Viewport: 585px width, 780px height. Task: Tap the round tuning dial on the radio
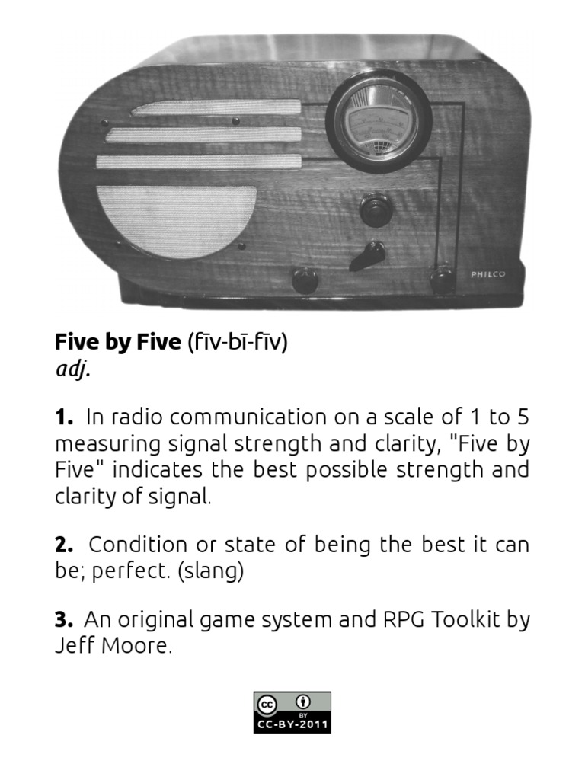pos(379,119)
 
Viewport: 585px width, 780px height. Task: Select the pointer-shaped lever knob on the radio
pos(368,255)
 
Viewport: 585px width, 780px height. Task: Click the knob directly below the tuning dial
pos(376,210)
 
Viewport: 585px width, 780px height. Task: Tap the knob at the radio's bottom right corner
pos(443,280)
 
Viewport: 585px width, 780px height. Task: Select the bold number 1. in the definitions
pos(64,417)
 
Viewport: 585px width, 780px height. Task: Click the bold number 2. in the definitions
pos(64,545)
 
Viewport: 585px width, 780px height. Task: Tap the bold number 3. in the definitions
pos(64,620)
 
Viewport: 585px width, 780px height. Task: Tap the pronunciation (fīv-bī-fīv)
pos(237,343)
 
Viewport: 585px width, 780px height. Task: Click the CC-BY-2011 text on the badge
pos(292,725)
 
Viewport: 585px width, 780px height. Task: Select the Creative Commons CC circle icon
pos(267,704)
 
